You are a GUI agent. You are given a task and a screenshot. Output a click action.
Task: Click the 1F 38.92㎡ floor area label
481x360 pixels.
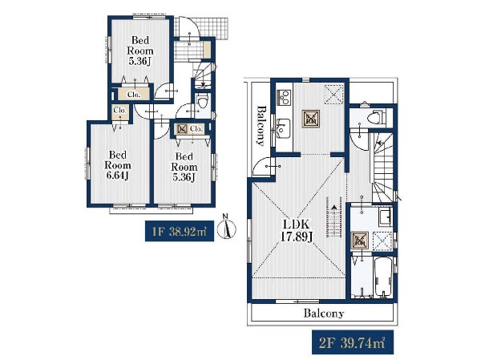179,231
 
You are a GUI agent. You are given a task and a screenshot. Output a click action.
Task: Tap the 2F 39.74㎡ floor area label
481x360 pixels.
353,342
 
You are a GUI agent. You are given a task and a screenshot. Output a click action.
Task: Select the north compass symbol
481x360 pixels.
226,228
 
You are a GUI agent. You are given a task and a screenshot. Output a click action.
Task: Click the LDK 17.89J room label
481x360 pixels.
297,230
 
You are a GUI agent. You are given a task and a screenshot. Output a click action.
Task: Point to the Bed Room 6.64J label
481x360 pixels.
118,165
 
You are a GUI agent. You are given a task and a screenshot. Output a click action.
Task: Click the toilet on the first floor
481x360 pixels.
202,101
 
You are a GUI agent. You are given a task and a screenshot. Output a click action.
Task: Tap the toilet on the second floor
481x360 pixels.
377,116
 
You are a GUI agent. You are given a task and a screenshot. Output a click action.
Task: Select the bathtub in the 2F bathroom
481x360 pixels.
383,277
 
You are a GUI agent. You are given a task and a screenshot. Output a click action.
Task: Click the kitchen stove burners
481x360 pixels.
284,97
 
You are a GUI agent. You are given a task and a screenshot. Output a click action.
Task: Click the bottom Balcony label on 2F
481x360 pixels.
324,313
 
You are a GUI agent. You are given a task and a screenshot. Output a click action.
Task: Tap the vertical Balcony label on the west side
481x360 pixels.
261,125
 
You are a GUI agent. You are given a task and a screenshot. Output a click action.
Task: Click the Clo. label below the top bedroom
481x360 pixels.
134,95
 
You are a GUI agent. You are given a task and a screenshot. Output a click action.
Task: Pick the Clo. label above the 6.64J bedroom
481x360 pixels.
119,110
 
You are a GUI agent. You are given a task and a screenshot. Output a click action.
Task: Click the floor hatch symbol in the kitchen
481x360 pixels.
311,118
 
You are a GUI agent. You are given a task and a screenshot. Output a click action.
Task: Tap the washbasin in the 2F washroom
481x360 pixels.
385,216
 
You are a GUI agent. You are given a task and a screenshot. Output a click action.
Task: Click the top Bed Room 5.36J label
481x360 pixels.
140,51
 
